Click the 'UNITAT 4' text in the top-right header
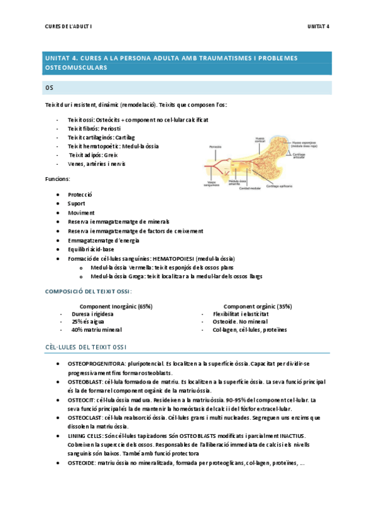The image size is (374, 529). (318, 26)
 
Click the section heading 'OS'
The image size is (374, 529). (51, 87)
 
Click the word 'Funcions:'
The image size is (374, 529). (57, 179)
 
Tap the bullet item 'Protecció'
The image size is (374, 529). (79, 195)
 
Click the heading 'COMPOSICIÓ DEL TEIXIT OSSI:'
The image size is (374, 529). (88, 291)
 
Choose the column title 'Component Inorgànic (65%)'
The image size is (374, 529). (116, 306)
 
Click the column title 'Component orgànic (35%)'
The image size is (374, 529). (257, 306)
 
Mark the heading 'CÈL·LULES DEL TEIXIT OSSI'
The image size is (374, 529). (87, 346)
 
